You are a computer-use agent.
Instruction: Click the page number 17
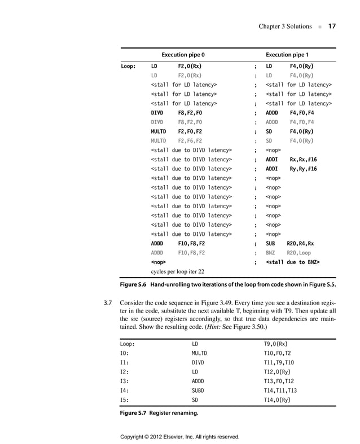pyautogui.click(x=332, y=27)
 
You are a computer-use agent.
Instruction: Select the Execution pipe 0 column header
pyautogui.click(x=183, y=55)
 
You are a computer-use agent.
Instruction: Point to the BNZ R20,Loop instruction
pyautogui.click(x=288, y=253)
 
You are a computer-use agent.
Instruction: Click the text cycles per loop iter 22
pyautogui.click(x=177, y=271)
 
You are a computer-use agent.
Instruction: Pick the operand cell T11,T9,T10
pyautogui.click(x=280, y=362)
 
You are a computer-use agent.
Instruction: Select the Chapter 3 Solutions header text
pyautogui.click(x=284, y=27)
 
